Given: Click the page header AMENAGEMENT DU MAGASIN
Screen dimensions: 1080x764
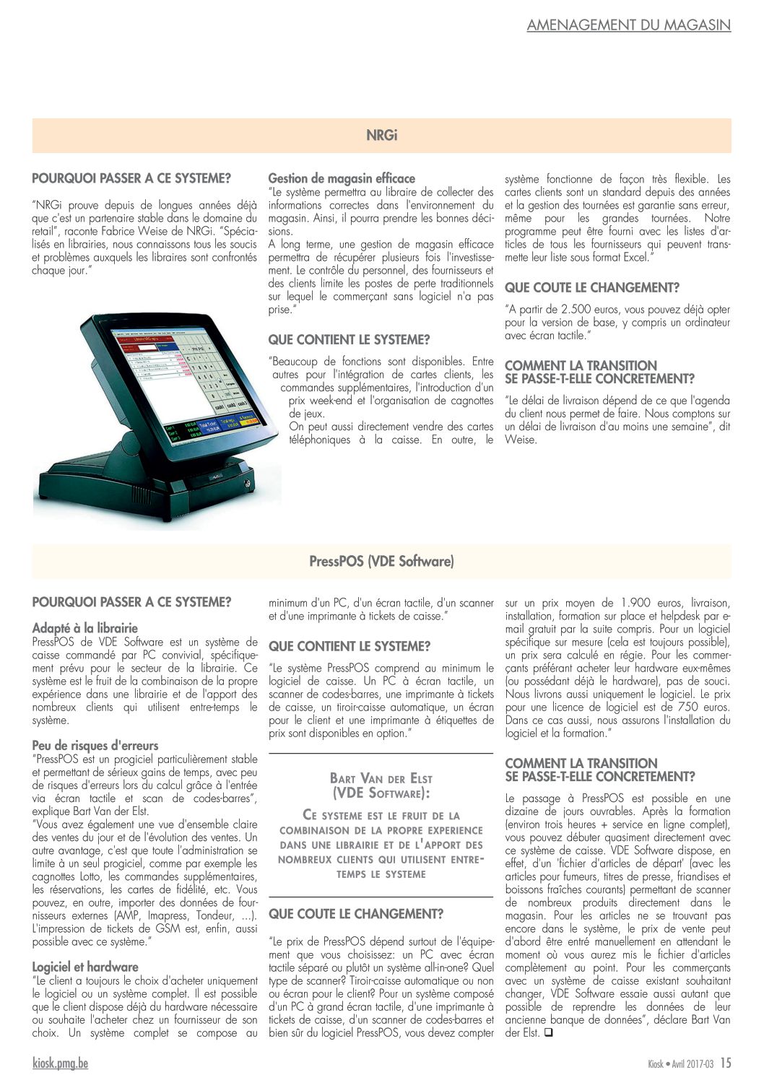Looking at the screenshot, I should [x=628, y=25].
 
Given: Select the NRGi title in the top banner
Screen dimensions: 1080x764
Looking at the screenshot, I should [x=382, y=135].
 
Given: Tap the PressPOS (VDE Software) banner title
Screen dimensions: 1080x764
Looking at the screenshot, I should [x=381, y=561].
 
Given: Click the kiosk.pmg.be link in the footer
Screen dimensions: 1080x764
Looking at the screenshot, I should [x=61, y=1063].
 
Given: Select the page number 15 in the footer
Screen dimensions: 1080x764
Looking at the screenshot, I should [x=726, y=1063].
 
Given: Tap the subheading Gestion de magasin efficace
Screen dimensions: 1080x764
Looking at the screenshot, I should [x=342, y=178].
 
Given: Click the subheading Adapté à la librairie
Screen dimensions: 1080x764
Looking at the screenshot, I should [x=84, y=628].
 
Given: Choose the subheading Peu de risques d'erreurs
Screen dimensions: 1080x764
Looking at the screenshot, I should [x=95, y=746].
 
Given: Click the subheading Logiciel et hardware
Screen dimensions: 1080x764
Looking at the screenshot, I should [x=85, y=967].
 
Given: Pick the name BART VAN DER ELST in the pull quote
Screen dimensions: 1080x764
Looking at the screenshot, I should [x=381, y=778].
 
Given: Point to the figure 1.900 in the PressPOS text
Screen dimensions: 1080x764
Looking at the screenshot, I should [x=635, y=603].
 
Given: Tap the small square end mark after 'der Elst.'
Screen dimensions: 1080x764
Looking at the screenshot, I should [x=548, y=1032].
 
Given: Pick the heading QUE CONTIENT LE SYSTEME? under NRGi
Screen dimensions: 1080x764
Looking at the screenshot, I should [x=349, y=339].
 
